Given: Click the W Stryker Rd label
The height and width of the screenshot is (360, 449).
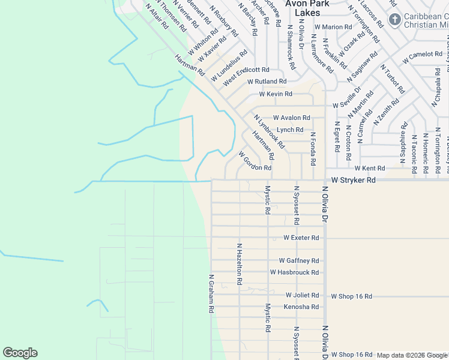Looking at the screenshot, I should coord(354,180).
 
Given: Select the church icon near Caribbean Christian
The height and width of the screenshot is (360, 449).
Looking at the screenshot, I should coord(394,20).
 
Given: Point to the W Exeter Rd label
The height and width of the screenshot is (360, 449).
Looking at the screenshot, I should coord(301,238).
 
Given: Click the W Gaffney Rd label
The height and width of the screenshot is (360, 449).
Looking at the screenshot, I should coord(298,260).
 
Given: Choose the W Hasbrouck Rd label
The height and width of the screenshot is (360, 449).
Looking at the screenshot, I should coord(294,272).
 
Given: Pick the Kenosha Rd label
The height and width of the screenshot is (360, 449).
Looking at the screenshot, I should coord(301,307).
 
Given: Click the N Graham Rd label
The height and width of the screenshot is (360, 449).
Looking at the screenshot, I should coord(211,294).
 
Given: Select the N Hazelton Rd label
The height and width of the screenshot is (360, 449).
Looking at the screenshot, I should coord(239,263).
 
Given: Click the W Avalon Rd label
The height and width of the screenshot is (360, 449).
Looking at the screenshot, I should coord(291,118).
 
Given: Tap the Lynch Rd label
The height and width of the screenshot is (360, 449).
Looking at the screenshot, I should coord(290,130).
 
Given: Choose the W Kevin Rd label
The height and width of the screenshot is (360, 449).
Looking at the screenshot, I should coord(276,94).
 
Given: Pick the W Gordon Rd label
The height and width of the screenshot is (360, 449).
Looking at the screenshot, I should coord(255,161).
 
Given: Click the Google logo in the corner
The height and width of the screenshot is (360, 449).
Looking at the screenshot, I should coord(20,353).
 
